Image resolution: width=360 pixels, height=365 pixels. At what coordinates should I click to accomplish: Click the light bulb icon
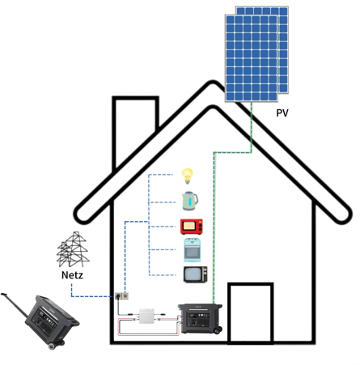pos(188,176)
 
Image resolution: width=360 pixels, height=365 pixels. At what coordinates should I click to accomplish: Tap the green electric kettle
pos(190,201)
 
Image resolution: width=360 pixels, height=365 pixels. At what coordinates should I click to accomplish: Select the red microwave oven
pos(192,227)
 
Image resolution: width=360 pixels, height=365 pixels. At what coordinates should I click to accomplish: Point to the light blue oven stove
pos(192,250)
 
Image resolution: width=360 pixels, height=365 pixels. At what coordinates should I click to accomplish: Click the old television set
pos(196,274)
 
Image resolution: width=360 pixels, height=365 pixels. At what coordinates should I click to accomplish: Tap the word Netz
pos(72,275)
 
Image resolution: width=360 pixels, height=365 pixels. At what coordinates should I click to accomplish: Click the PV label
pos(282,112)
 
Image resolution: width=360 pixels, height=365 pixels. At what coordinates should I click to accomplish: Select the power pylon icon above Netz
pos(73,249)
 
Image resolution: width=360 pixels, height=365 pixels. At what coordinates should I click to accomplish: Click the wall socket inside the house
pos(121,296)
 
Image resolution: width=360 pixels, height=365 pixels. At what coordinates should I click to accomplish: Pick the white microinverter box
pos(146,316)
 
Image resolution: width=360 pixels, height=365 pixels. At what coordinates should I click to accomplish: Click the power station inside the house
pos(200,319)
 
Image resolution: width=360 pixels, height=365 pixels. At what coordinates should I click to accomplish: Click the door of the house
pos(251,313)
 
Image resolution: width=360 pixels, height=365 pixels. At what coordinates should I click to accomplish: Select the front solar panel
pos(252,58)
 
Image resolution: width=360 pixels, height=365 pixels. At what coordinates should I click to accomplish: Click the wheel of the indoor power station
pos(218,330)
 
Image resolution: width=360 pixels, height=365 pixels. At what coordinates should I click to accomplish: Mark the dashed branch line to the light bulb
pos(160,175)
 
